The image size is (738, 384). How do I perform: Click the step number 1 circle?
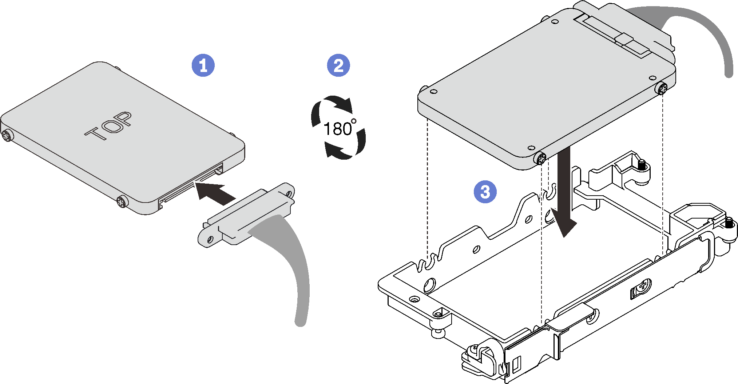click(203, 65)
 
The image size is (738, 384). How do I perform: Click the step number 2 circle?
click(338, 65)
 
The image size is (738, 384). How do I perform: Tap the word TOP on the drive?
click(108, 126)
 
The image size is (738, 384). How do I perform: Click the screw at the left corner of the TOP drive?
click(7, 136)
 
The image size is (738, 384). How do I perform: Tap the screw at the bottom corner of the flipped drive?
click(541, 158)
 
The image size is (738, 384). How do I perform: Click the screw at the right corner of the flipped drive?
click(662, 88)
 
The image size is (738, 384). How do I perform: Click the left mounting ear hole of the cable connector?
click(210, 239)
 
